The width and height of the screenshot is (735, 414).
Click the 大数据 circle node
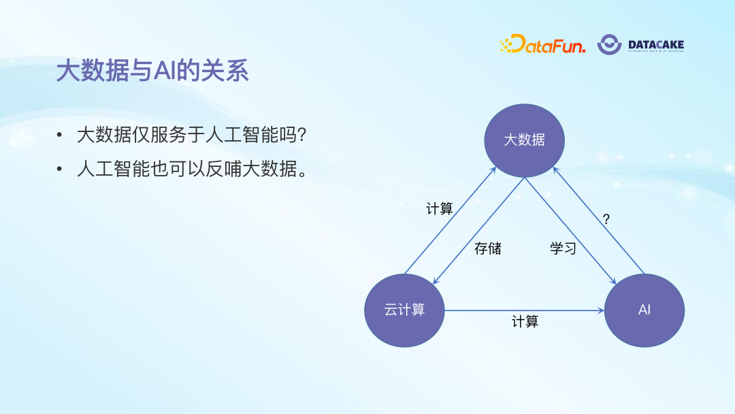pos(524,140)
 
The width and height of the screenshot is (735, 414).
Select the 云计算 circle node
pos(404,310)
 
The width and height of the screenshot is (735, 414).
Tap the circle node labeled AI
pos(644,310)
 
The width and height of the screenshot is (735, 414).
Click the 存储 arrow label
pos(487,249)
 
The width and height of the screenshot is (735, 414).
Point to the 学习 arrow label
pos(563,249)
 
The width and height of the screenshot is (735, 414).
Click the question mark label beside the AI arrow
pos(606,219)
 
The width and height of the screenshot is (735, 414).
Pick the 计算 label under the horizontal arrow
pos(525,321)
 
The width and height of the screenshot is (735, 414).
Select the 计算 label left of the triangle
pos(440,209)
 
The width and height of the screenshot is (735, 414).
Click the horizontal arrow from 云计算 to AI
pos(524,310)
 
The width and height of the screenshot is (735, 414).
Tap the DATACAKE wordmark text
pos(656,45)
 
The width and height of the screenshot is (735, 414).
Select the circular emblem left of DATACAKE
pos(609,44)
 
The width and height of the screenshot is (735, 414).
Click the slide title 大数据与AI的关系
pos(152,71)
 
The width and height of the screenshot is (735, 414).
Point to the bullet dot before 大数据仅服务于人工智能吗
pos(61,136)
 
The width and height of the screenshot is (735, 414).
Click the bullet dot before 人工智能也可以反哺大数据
pos(61,170)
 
